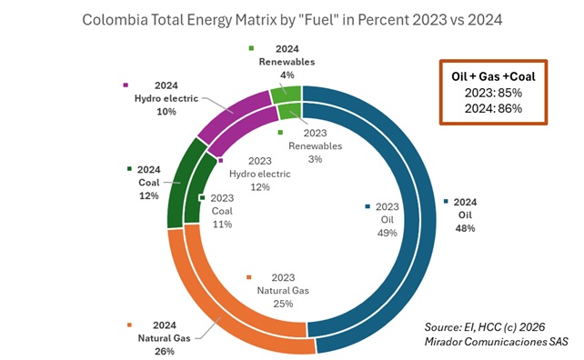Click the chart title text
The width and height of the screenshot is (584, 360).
[291, 18]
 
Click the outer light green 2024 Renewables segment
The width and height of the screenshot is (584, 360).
[284, 93]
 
